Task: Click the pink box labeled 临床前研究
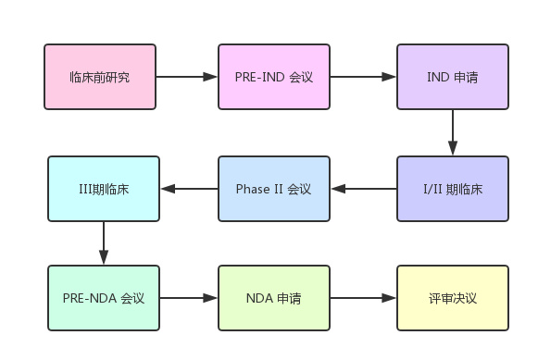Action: (100, 77)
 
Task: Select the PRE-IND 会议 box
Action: (273, 77)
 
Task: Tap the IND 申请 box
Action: (452, 77)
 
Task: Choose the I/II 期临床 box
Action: (452, 189)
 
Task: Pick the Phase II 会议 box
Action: (273, 189)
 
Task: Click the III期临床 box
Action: (104, 189)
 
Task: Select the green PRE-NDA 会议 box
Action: (104, 298)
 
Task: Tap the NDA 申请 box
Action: (273, 298)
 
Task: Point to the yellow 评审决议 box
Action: (452, 298)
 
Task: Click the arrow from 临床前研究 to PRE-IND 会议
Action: (187, 77)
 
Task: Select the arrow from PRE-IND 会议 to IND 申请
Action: (363, 77)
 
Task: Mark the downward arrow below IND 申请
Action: (453, 132)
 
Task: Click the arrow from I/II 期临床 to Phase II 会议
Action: (363, 189)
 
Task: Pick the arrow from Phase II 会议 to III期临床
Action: (189, 189)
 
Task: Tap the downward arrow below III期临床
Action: (104, 243)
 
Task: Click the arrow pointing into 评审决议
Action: (363, 298)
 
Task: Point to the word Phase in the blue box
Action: (253, 189)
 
